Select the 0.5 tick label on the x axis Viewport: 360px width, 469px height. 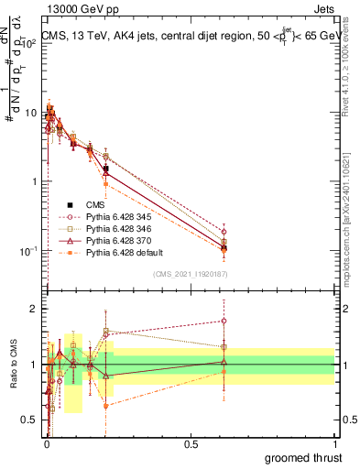pos(191,444)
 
